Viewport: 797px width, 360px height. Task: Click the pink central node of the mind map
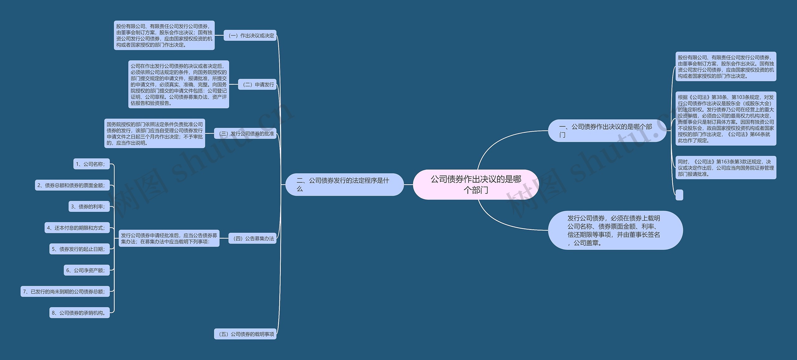click(x=476, y=185)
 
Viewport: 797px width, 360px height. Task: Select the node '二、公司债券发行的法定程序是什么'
click(x=344, y=185)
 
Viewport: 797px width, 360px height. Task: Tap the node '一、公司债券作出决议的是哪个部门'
click(x=607, y=131)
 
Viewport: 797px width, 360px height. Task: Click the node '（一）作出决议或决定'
click(x=250, y=36)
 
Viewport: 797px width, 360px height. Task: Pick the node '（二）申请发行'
click(x=257, y=85)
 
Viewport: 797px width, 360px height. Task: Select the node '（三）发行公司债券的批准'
click(x=245, y=134)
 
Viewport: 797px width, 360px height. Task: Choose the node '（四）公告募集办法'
click(x=252, y=239)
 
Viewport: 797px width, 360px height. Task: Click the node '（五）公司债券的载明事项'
click(x=245, y=334)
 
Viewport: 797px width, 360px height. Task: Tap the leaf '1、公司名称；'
click(x=92, y=164)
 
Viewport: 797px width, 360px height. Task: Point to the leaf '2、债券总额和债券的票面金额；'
click(x=72, y=185)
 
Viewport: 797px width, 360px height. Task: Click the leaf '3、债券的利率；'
click(x=89, y=207)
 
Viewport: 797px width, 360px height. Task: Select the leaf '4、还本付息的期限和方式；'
click(x=77, y=228)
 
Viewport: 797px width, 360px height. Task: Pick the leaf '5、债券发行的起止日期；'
click(x=79, y=249)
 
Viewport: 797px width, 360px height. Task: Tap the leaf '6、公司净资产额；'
click(x=87, y=270)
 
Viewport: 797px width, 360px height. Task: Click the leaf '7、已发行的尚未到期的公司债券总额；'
click(x=65, y=292)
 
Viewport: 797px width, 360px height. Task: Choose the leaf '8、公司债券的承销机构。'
click(x=79, y=313)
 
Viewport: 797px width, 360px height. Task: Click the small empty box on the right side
click(x=679, y=195)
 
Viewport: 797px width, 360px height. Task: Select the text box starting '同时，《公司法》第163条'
click(x=726, y=168)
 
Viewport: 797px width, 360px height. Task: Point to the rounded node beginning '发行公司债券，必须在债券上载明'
click(x=615, y=231)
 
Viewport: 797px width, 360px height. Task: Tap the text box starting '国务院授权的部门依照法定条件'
click(x=155, y=133)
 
